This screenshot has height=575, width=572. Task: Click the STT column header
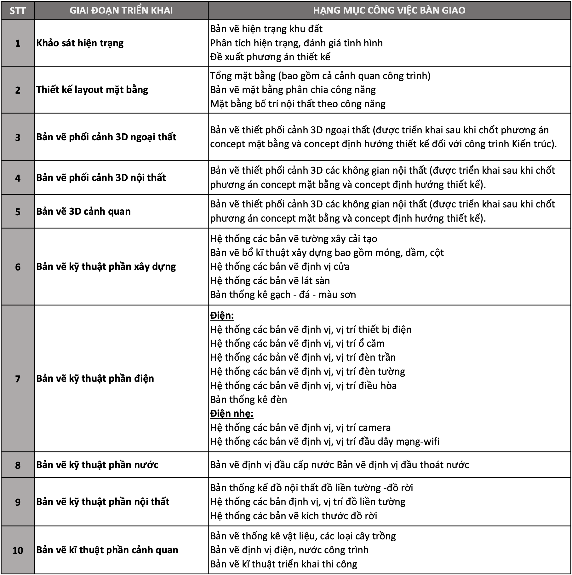[x=17, y=11]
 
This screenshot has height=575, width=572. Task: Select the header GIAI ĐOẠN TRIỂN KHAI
[x=121, y=10]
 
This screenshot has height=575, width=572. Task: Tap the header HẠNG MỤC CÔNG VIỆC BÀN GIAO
[x=389, y=10]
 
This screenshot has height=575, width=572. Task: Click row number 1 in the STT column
[x=18, y=43]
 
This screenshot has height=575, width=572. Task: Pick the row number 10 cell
[x=18, y=550]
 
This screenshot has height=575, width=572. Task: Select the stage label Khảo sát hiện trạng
[x=80, y=43]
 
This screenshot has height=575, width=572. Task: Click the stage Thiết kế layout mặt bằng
[x=92, y=90]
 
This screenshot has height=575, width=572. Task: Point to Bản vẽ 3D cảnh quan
[x=83, y=211]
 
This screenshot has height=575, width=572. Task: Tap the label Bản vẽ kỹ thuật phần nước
[x=97, y=465]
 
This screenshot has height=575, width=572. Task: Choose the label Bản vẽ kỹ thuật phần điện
[x=95, y=378]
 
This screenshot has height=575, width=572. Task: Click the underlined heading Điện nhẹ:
[x=232, y=413]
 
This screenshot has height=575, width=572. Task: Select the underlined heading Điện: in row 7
[x=222, y=316]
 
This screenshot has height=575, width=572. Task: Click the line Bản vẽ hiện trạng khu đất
[x=266, y=29]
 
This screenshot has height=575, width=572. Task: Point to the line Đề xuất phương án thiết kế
[x=270, y=57]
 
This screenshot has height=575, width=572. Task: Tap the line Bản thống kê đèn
[x=249, y=399]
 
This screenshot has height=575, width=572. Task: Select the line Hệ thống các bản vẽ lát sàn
[x=270, y=281]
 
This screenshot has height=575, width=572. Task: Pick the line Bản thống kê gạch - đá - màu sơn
[x=283, y=294]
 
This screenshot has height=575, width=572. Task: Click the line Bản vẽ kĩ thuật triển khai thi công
[x=283, y=564]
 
